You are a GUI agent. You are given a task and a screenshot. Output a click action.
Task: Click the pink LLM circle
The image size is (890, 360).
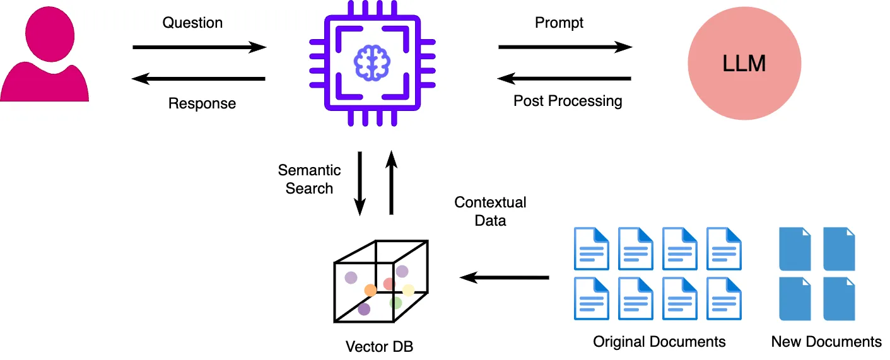(x=744, y=63)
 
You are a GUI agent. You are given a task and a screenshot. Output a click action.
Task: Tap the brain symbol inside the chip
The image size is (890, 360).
(x=372, y=63)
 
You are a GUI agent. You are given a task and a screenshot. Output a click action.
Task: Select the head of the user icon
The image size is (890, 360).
(x=50, y=34)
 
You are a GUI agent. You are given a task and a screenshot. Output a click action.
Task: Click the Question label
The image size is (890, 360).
(x=192, y=23)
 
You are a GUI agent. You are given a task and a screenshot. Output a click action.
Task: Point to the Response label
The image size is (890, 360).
(x=202, y=103)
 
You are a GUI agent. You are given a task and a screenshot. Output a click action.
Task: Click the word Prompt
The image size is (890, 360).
(x=559, y=23)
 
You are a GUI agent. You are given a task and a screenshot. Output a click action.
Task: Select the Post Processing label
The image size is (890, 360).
(x=568, y=101)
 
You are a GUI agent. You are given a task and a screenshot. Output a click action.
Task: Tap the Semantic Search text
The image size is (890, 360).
(x=309, y=179)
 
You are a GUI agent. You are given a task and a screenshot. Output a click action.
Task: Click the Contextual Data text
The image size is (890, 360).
(x=490, y=211)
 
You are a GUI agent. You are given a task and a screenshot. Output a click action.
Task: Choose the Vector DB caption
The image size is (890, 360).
(x=379, y=347)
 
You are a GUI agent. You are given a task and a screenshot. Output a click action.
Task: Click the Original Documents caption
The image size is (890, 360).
(x=659, y=342)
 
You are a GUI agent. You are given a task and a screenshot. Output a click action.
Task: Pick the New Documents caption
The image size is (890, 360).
(x=826, y=342)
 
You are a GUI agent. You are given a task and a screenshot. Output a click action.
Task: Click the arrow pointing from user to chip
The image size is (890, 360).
(x=199, y=47)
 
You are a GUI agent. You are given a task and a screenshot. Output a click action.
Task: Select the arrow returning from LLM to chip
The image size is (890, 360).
(x=564, y=79)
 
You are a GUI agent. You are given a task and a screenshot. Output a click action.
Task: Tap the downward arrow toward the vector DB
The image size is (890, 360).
(x=360, y=183)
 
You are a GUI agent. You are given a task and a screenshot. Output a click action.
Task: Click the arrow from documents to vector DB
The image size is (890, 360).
(x=504, y=277)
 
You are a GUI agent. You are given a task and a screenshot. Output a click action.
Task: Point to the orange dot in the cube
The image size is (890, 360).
(x=370, y=290)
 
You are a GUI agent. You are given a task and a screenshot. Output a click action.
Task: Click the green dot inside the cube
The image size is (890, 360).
(x=395, y=303)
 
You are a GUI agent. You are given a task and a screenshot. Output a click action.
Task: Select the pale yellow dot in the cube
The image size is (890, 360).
(x=409, y=291)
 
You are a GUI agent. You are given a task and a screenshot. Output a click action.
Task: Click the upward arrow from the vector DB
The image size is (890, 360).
(x=391, y=183)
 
